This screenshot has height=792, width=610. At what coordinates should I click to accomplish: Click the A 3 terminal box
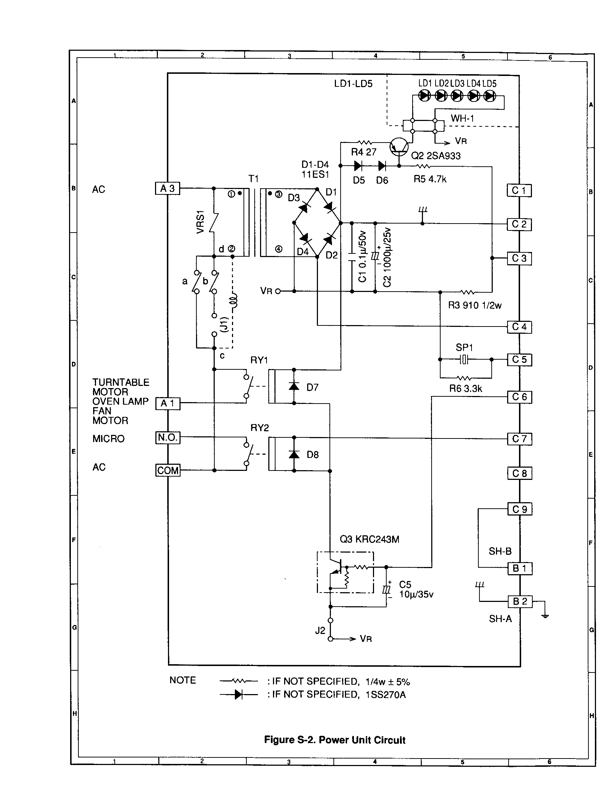tap(167, 188)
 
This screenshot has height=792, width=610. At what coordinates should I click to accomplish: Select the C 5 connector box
tap(519, 360)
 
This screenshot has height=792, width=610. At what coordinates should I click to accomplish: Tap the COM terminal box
tap(168, 471)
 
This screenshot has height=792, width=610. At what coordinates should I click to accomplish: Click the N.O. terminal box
tap(168, 438)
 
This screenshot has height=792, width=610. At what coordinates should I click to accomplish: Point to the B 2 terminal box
tap(519, 602)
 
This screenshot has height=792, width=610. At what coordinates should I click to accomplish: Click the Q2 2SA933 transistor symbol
tap(399, 147)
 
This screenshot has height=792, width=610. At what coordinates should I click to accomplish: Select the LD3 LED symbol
tap(457, 96)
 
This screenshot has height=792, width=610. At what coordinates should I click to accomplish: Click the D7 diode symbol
tap(294, 387)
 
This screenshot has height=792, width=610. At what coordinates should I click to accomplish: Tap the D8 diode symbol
tap(294, 454)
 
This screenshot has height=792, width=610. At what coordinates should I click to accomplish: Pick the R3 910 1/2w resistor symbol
tap(467, 292)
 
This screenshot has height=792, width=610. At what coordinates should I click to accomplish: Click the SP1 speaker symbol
tap(464, 359)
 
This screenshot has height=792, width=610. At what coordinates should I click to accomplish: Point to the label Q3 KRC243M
tap(369, 539)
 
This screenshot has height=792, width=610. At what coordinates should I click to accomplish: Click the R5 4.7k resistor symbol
tap(423, 166)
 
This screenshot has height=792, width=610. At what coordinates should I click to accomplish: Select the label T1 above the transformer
tap(253, 179)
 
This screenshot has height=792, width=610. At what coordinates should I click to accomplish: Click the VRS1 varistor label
tap(200, 222)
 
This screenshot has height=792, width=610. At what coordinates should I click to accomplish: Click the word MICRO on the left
tap(108, 439)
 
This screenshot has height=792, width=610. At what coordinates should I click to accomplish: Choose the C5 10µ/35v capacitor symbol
tap(387, 589)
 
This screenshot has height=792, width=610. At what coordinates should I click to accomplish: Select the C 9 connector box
tap(519, 509)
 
